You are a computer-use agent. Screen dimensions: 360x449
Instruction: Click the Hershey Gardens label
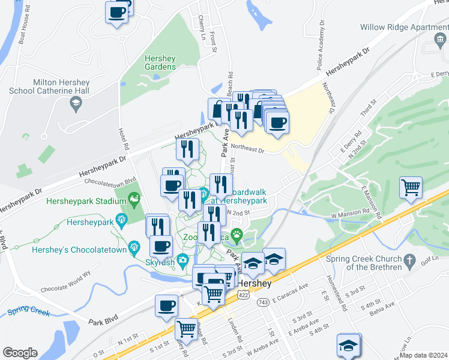160,62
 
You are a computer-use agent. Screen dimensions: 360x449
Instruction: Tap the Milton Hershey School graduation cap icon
76,105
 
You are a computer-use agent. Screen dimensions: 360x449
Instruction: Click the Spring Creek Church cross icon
409,261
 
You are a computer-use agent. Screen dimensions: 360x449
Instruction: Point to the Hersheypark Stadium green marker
134,197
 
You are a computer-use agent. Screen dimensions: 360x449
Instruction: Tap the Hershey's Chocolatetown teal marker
135,245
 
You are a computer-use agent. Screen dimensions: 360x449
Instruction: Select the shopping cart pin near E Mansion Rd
411,188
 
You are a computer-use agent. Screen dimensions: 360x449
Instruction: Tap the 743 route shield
263,302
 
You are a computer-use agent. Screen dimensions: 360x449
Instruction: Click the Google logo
20,353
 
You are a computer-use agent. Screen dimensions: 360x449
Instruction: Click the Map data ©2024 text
423,355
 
